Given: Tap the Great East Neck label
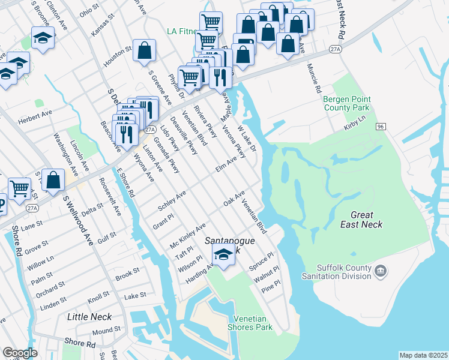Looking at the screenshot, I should (362, 220).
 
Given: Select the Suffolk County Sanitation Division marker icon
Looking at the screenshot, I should (381, 272).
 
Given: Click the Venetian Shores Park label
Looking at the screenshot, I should (250, 322).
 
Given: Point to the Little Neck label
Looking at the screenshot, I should (86, 316).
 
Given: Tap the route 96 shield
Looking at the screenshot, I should (381, 127).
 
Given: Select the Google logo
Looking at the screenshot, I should (20, 353).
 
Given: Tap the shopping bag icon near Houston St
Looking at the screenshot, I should (145, 51).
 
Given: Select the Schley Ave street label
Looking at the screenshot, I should (172, 200).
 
